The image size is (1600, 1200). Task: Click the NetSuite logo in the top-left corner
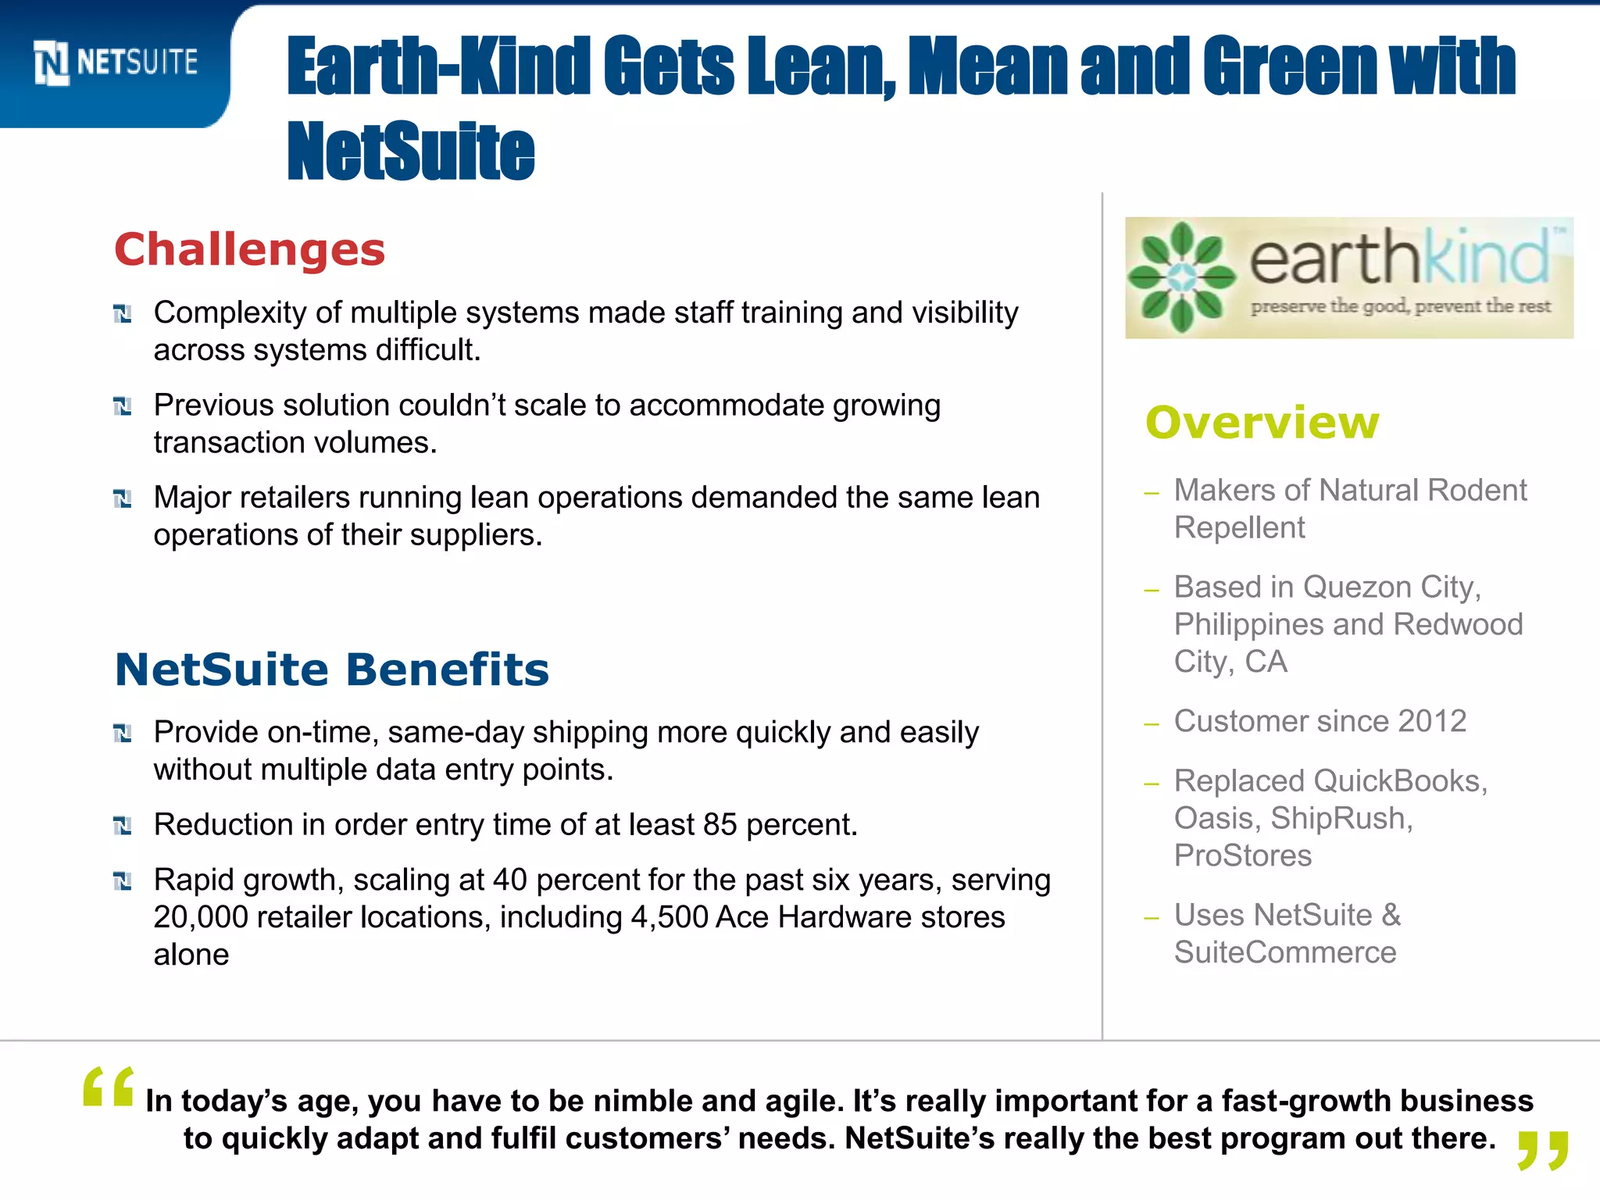coord(116,62)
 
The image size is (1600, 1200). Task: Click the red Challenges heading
coord(250,250)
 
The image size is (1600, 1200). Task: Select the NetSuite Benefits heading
coord(332,670)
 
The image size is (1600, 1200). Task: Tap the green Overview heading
coord(1262,423)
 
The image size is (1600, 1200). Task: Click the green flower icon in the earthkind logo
coord(1182,277)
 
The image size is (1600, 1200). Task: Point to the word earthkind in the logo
coord(1398,258)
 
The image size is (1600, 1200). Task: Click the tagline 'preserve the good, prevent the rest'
coord(1400,306)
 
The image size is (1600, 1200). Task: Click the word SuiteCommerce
coord(1285,952)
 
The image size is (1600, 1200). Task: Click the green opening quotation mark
coord(108,1087)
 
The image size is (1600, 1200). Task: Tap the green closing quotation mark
coord(1542,1151)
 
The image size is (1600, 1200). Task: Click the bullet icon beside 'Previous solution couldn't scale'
coord(123,406)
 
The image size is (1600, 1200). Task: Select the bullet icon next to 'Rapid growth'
coord(123,881)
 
